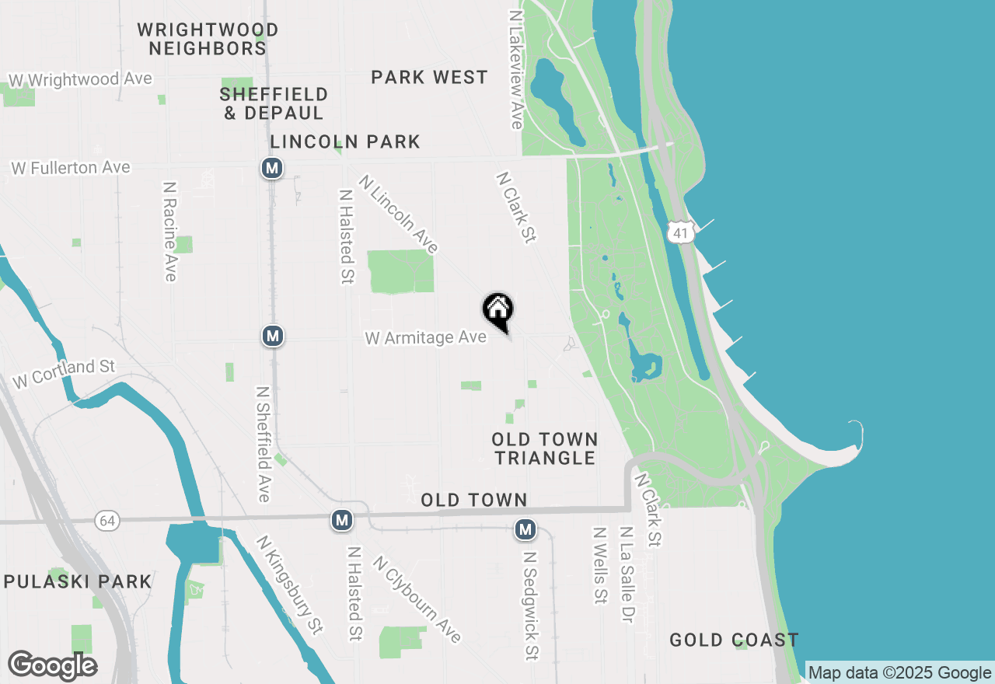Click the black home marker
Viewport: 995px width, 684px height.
point(498,310)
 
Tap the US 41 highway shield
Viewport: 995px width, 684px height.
point(680,232)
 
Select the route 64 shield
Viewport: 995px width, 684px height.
point(107,521)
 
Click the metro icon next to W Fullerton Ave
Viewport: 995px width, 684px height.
point(271,168)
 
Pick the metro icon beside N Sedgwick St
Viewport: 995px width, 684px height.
point(525,530)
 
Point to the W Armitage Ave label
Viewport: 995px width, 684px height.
point(426,338)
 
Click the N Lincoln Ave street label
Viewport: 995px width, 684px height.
point(399,214)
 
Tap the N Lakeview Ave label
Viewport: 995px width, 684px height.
point(515,69)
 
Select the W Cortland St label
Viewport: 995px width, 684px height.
point(64,374)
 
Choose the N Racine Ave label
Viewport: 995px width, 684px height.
point(170,232)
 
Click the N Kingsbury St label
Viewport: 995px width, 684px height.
point(289,585)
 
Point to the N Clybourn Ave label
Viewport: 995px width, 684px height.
point(417,598)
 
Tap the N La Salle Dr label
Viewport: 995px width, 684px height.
point(625,574)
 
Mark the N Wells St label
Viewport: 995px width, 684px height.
point(599,565)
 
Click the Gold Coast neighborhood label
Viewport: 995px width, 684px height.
point(734,640)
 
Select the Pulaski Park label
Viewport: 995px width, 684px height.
point(77,581)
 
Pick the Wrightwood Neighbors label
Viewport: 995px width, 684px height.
point(208,39)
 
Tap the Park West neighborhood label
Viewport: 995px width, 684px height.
point(429,78)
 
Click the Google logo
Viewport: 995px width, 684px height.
point(52,665)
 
